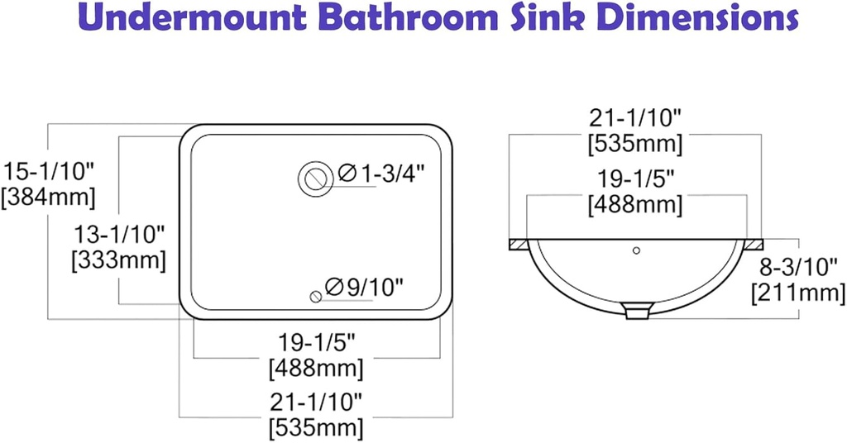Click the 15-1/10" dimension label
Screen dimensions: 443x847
(49, 172)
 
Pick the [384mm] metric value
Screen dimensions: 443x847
(49, 198)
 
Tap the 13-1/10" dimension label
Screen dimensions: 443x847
(118, 235)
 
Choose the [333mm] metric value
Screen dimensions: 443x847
(118, 260)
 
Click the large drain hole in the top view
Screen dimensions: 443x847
(315, 176)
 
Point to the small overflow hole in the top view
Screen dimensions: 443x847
(314, 296)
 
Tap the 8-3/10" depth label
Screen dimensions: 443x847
(799, 266)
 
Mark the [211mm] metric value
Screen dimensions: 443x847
(799, 292)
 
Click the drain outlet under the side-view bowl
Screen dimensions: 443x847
(636, 311)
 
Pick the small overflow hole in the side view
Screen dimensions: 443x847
(636, 250)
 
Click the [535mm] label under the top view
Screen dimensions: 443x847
(315, 428)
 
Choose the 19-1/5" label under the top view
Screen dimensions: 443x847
(315, 341)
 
